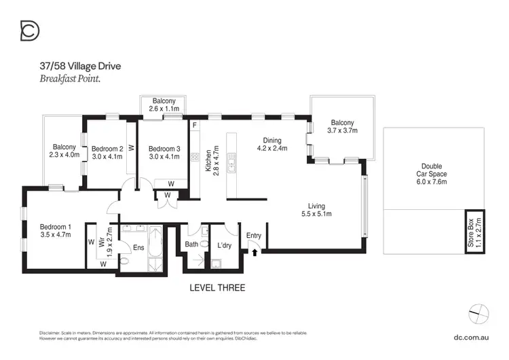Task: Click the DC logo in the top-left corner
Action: [29, 31]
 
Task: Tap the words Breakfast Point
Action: [74, 79]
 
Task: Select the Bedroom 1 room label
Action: [55, 227]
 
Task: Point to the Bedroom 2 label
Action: [107, 149]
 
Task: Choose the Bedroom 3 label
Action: [164, 149]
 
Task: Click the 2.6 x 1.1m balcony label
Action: [164, 105]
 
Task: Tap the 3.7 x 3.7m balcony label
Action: [342, 130]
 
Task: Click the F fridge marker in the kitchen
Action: [195, 126]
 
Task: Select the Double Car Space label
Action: [432, 170]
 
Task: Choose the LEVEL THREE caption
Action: [217, 288]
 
